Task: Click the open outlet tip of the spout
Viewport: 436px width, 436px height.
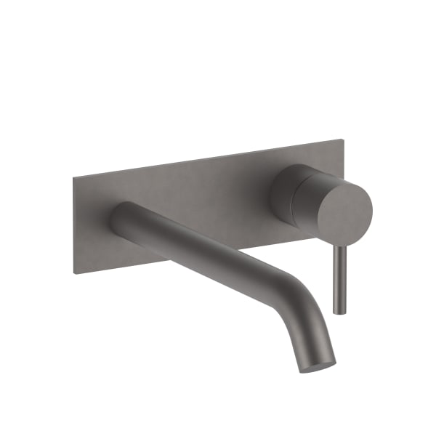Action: pos(319,364)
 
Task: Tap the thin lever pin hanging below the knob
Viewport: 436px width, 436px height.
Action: pos(338,280)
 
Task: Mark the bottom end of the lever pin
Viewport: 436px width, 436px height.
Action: pos(338,311)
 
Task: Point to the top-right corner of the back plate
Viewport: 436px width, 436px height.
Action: pos(342,139)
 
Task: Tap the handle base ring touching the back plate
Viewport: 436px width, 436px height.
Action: pos(280,193)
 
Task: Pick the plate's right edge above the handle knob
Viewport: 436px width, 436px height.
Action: pos(342,156)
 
